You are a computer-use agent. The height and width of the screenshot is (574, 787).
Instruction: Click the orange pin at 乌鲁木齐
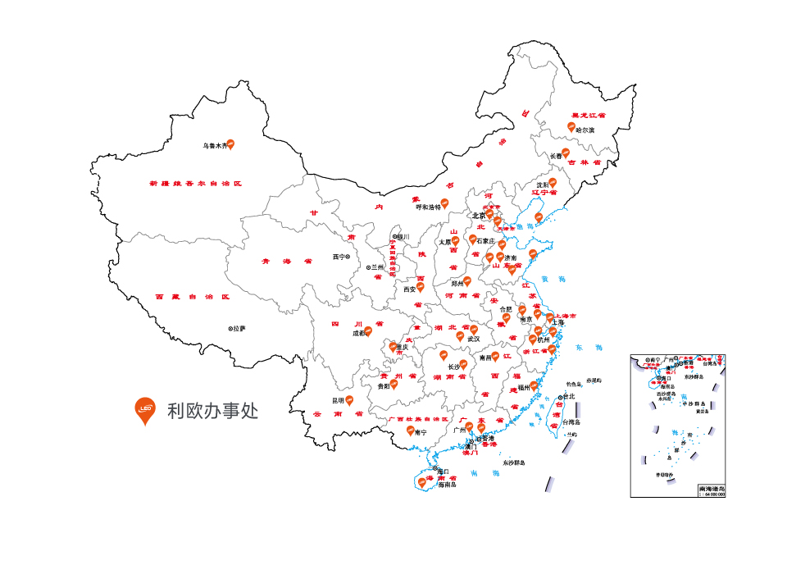230,144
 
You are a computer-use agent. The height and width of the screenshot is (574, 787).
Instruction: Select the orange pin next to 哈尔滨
571,126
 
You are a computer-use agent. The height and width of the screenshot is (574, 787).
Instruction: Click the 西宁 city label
339,257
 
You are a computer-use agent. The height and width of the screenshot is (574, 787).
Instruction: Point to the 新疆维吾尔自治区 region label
196,184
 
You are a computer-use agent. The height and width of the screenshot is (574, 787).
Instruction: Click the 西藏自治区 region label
193,297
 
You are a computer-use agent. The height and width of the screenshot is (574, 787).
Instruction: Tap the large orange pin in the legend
145,408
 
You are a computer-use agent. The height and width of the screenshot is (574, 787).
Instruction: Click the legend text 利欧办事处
212,410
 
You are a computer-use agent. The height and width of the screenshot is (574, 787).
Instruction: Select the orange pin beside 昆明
348,399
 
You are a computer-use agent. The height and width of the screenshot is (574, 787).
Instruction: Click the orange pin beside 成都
368,331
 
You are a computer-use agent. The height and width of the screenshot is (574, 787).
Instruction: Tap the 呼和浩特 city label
428,207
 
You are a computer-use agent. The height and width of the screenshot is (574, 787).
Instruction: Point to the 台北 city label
569,396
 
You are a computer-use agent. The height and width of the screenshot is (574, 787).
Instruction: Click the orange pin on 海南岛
422,482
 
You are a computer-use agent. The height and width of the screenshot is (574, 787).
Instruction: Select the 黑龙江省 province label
588,116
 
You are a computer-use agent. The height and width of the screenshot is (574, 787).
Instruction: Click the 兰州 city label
377,267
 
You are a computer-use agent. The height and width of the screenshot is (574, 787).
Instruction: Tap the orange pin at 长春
565,153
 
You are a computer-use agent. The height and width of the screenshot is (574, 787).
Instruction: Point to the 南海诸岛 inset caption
712,488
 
